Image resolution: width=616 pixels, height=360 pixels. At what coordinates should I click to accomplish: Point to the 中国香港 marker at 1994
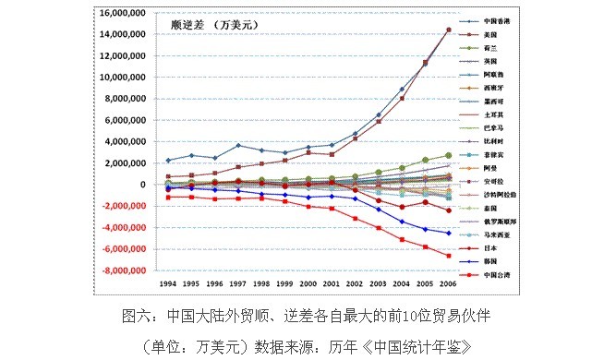click(167, 160)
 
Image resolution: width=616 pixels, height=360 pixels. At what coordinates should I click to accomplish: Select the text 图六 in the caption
click(136, 316)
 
